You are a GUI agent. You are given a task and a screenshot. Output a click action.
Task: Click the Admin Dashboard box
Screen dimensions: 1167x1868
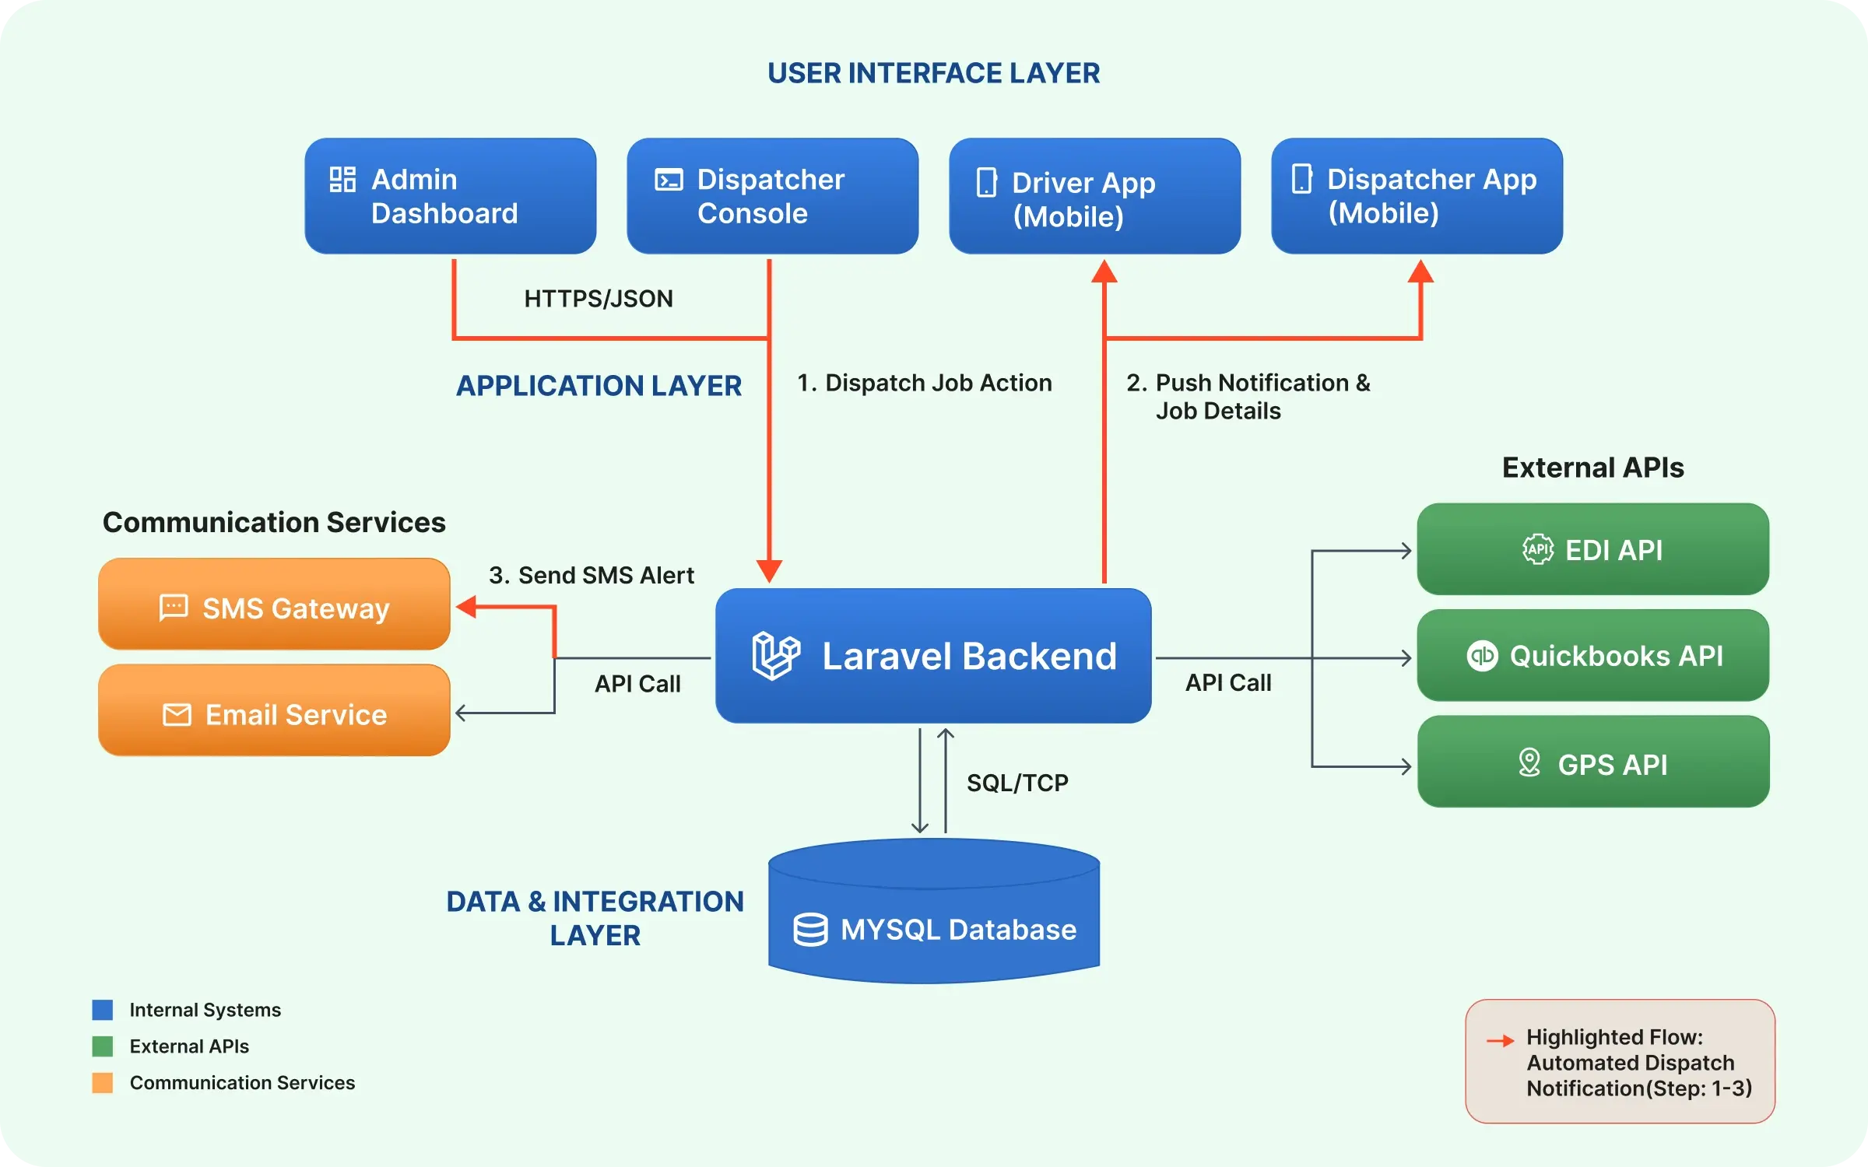click(x=450, y=196)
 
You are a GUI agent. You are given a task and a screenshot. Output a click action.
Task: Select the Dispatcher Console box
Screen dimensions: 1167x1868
click(x=772, y=196)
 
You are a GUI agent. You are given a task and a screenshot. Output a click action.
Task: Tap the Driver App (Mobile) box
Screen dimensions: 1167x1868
click(x=1094, y=196)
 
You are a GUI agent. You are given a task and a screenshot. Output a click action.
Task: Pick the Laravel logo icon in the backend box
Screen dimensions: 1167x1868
click(x=775, y=656)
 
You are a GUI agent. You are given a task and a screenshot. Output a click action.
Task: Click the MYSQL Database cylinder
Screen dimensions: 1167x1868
click(x=934, y=918)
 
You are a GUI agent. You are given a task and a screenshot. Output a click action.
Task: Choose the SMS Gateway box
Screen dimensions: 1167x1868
click(x=274, y=605)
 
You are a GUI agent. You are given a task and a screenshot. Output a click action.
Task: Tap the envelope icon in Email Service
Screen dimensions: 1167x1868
click(x=177, y=714)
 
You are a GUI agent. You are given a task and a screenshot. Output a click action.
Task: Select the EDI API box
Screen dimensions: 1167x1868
click(x=1592, y=549)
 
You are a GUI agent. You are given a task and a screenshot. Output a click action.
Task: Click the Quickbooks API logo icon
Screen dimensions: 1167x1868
click(x=1482, y=656)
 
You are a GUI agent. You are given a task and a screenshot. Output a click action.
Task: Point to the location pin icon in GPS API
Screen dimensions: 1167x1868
click(x=1529, y=762)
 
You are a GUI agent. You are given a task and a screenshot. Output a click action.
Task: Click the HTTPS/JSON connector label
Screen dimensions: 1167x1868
click(x=598, y=299)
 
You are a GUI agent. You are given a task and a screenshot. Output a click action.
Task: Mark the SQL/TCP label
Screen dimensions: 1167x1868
click(x=1017, y=783)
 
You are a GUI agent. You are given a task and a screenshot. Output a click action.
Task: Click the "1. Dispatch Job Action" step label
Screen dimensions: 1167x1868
click(x=925, y=383)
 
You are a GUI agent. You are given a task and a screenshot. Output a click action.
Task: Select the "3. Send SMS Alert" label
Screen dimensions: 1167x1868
click(x=591, y=575)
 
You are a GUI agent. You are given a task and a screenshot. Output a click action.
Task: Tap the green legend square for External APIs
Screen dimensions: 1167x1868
click(x=102, y=1046)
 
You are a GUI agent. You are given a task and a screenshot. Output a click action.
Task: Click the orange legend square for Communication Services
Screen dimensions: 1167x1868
click(x=102, y=1083)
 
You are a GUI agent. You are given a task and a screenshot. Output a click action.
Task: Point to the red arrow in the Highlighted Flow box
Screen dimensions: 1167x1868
click(x=1500, y=1040)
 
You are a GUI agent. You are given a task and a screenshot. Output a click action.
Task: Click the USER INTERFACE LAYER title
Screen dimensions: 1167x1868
click(x=933, y=73)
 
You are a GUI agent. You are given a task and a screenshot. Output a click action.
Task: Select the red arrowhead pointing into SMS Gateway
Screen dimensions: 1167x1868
click(x=466, y=607)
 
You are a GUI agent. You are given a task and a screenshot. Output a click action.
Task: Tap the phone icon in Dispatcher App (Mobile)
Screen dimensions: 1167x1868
click(x=1301, y=179)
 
